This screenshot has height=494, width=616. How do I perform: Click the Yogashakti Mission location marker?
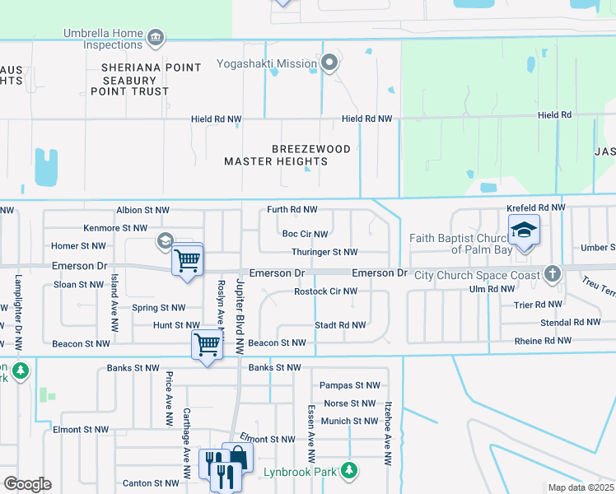(x=329, y=63)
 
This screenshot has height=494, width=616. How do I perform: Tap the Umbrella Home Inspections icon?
(x=155, y=38)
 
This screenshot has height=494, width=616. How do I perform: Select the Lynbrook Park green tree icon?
(x=350, y=470)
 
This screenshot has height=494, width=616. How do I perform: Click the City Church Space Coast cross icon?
(x=552, y=273)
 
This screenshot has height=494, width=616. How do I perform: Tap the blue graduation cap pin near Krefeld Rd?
(x=523, y=231)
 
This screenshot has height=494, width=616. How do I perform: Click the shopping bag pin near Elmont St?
(x=237, y=456)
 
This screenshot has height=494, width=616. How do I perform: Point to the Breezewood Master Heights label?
(x=288, y=156)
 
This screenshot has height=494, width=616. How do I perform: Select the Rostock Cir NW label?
(x=326, y=291)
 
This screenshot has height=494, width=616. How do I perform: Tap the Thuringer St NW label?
(x=324, y=252)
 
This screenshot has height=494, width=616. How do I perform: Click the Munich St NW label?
(x=350, y=421)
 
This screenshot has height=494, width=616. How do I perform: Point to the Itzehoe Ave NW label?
(x=386, y=433)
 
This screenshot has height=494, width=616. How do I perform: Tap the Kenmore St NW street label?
(x=115, y=228)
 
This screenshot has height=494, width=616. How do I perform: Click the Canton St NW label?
(x=149, y=483)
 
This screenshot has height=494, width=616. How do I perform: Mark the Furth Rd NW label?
(x=292, y=210)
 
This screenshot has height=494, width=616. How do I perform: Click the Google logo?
(x=27, y=484)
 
